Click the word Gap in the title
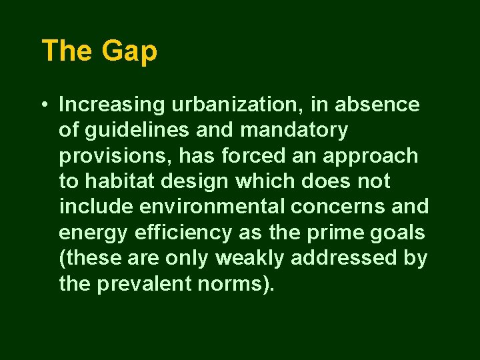pyautogui.click(x=129, y=51)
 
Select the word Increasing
pyautogui.click(x=112, y=105)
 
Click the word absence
pyautogui.click(x=377, y=105)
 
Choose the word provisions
pyautogui.click(x=105, y=156)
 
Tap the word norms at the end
pyautogui.click(x=239, y=284)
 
